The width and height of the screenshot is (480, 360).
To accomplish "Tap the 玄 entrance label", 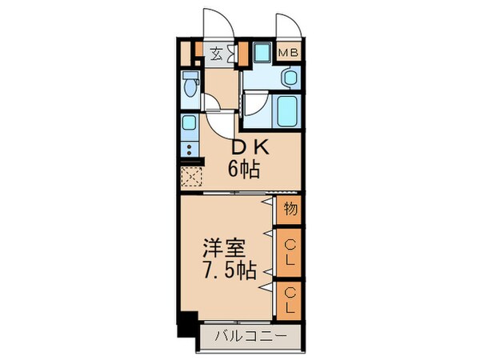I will [217, 54].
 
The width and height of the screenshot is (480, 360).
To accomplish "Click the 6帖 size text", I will [242, 169].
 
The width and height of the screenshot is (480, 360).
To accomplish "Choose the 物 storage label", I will [290, 210].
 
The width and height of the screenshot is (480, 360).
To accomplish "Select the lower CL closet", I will [290, 298].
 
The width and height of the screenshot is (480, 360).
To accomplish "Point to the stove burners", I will [189, 150].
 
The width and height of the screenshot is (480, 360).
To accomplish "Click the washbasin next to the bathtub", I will [290, 78].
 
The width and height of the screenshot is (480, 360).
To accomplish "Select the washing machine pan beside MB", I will [261, 54].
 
